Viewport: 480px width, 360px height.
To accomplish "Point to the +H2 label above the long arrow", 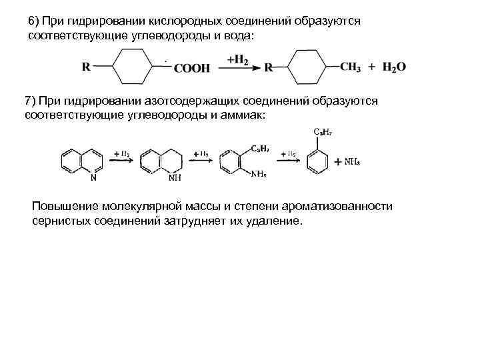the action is [237, 59].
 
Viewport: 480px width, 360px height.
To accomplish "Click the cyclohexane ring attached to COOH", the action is [134, 67].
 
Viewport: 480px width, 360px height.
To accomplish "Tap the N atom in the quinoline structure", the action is [93, 178].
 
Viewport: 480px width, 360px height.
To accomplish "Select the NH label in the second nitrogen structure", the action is [175, 178].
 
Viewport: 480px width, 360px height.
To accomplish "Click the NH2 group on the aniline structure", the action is [259, 174].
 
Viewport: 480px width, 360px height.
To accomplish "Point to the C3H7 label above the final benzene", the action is [323, 131].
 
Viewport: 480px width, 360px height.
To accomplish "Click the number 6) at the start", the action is [34, 21].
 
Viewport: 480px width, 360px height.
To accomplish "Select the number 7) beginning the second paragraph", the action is [30, 101].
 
